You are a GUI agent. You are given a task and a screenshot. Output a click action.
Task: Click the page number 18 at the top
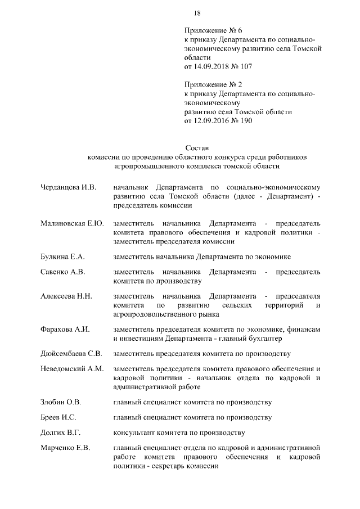197,13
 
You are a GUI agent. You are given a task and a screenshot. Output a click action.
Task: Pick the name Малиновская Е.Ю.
72,223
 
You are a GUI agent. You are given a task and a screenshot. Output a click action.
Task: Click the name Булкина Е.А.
62,256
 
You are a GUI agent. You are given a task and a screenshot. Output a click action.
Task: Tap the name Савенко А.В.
62,272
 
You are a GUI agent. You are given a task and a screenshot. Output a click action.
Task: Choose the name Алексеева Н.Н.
66,296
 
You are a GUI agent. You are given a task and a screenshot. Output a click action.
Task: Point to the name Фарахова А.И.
65,330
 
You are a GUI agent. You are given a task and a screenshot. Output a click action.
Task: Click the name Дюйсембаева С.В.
71,354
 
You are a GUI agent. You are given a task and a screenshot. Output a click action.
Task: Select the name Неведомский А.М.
72,369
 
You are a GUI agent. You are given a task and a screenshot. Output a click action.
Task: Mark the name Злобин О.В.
61,402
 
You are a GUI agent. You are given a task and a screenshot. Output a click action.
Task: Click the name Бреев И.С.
58,417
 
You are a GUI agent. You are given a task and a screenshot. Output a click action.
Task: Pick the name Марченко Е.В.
66,448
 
